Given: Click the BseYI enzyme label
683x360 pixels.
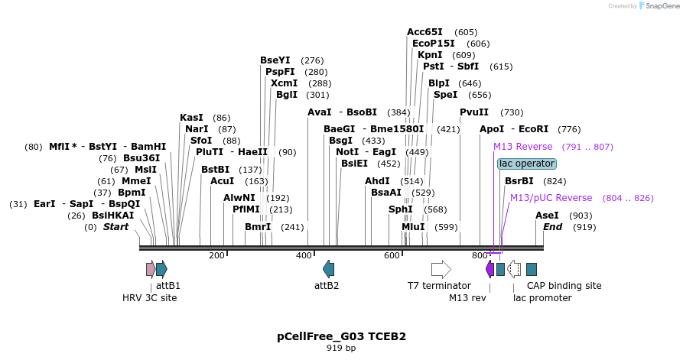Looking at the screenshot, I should point(275,60).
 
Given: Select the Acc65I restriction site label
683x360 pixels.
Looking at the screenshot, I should point(424,32).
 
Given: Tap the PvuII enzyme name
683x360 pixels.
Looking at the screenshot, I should point(474,112).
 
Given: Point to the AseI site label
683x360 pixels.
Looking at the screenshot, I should point(547,216).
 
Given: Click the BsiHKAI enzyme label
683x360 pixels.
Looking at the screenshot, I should point(112,216).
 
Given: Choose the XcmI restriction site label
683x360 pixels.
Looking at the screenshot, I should point(284,83).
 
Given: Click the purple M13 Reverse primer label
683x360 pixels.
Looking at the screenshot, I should point(522,147).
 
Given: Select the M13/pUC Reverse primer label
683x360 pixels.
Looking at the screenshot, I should point(551,198).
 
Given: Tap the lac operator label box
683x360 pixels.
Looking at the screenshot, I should point(526,164).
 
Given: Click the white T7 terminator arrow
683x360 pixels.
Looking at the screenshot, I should point(441,269).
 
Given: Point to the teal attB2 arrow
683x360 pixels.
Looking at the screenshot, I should point(328,269).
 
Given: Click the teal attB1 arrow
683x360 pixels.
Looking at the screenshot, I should point(161,269).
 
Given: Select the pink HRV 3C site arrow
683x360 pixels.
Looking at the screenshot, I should point(151,269).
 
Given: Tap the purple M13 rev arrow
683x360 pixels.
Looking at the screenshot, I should point(489,269).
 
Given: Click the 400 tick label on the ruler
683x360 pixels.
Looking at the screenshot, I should point(303,255).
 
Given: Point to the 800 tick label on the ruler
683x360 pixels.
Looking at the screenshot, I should point(480,255).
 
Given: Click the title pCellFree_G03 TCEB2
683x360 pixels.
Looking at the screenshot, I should point(341,336).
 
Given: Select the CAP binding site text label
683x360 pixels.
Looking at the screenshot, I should point(570,286).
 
